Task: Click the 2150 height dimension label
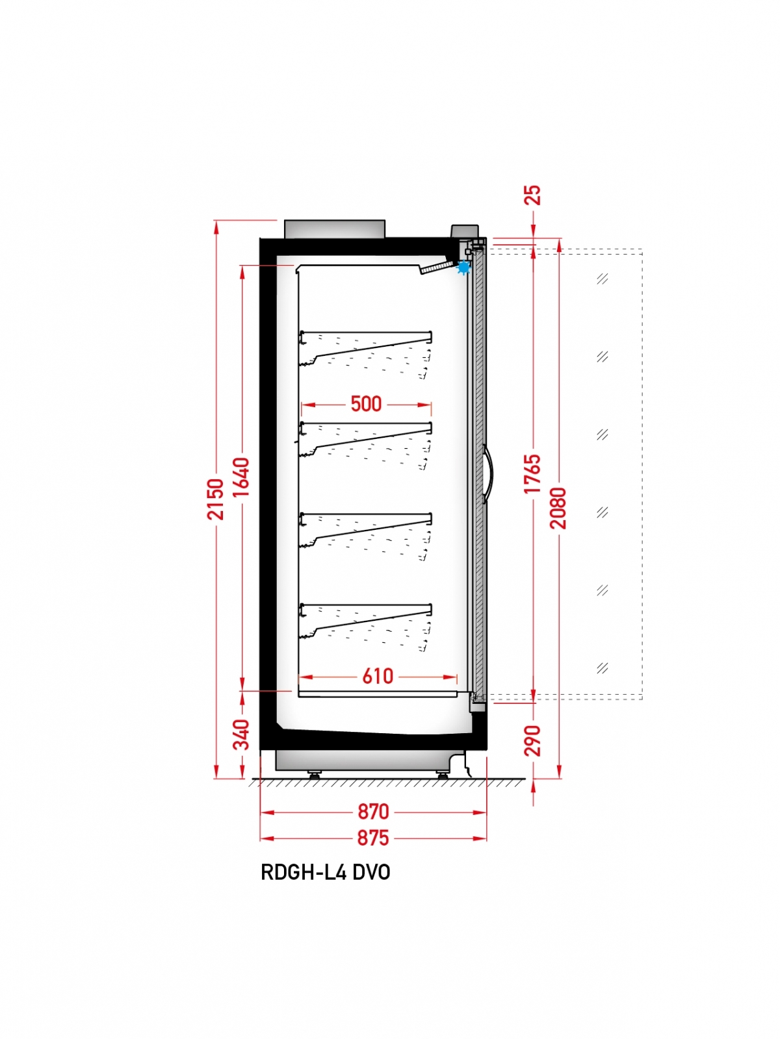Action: pyautogui.click(x=215, y=499)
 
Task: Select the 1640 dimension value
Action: pyautogui.click(x=241, y=477)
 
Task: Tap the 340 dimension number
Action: pyautogui.click(x=241, y=734)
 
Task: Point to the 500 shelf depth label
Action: pyautogui.click(x=365, y=404)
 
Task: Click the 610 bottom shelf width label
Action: pyautogui.click(x=378, y=677)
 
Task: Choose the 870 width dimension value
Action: pyautogui.click(x=373, y=812)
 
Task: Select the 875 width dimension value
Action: pyautogui.click(x=373, y=838)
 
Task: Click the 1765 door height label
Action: pyautogui.click(x=532, y=474)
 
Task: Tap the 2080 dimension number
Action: pyautogui.click(x=558, y=508)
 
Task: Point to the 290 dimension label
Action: pyautogui.click(x=532, y=740)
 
